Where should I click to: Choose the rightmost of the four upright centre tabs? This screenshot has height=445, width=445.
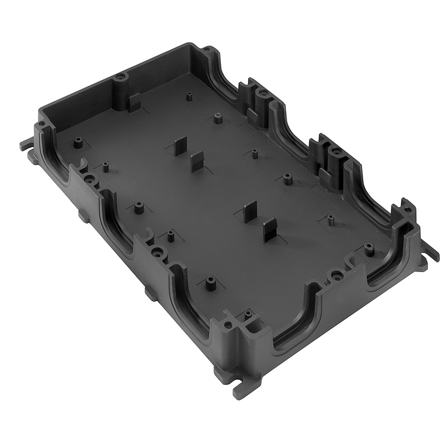(x=270, y=229)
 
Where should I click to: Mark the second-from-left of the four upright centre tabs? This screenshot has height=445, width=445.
(x=198, y=162)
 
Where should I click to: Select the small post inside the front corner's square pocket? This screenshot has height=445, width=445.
(x=248, y=315)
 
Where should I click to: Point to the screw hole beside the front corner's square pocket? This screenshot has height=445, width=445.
(x=228, y=324)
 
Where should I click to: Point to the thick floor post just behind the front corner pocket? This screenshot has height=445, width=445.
(x=210, y=284)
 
